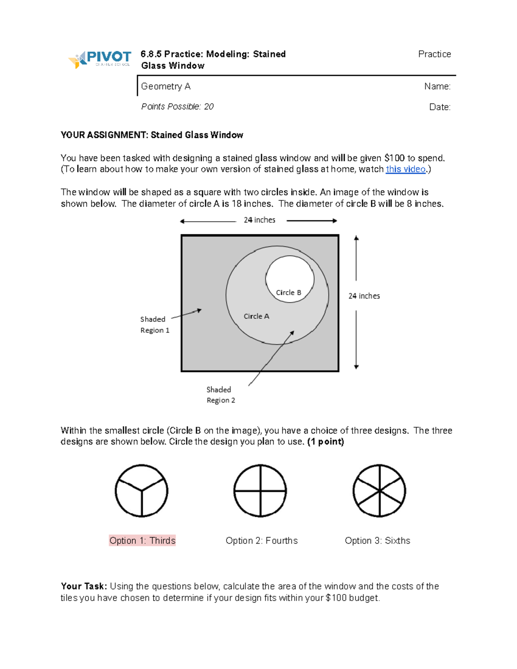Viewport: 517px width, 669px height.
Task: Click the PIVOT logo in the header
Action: (x=100, y=59)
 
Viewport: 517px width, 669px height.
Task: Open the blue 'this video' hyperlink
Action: (x=405, y=169)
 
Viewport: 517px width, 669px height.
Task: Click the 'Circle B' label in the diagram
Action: (x=288, y=292)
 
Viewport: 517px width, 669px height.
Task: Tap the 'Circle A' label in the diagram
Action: (x=256, y=316)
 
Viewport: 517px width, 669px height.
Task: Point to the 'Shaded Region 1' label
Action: (x=154, y=325)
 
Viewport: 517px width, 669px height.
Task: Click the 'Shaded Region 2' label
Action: (x=221, y=395)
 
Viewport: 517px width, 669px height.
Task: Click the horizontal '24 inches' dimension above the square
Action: (x=259, y=220)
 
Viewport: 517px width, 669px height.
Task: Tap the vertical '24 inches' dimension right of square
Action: (x=364, y=296)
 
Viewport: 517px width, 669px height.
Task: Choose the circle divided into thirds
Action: (x=141, y=491)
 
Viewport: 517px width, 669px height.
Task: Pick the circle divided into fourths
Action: (x=260, y=491)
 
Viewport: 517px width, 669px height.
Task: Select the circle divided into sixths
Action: (x=379, y=491)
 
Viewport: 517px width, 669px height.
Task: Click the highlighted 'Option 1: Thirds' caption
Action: (x=142, y=541)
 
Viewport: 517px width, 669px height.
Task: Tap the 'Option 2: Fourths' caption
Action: (x=262, y=541)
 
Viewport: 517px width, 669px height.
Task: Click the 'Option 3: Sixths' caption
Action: (x=377, y=541)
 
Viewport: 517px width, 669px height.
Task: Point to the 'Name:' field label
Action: (x=437, y=87)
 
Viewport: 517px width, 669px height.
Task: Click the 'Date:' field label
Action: (x=439, y=107)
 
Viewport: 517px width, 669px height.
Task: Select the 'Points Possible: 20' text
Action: (x=177, y=106)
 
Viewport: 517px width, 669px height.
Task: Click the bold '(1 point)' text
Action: (x=325, y=442)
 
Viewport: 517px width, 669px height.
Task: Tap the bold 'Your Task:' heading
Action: (x=84, y=586)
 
